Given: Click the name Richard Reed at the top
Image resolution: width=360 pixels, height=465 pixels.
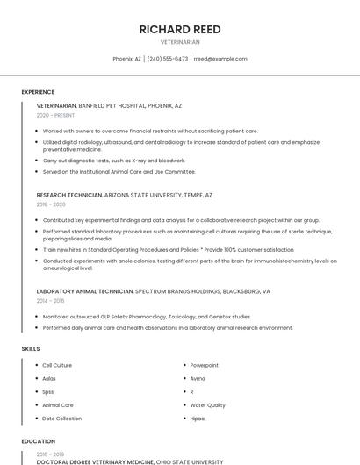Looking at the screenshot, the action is click(x=180, y=29).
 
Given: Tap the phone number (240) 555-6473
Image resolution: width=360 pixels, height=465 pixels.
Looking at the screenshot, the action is click(x=167, y=59).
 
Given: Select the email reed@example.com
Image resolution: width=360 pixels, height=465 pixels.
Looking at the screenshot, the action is click(x=220, y=59).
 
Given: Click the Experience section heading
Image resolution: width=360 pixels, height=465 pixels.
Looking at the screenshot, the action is click(x=38, y=92).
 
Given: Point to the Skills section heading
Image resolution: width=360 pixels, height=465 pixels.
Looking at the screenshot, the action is click(x=31, y=349).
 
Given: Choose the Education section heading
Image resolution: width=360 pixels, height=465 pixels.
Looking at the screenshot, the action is click(x=38, y=441).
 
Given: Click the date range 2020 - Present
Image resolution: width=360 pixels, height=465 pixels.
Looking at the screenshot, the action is click(x=55, y=115).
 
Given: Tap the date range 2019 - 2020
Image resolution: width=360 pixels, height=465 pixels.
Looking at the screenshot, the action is click(x=51, y=204).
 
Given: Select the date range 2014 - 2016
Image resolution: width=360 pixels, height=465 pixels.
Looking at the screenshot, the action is click(x=50, y=300).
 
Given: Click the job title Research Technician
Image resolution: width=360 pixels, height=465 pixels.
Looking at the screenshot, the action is click(x=69, y=195).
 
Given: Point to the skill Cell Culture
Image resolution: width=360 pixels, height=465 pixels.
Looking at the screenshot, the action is click(x=57, y=365).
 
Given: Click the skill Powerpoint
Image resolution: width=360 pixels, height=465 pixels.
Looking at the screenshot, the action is click(x=204, y=365).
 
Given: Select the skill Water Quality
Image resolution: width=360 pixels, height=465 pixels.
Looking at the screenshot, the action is click(x=207, y=405).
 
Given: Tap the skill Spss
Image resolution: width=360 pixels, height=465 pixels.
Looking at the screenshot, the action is click(x=48, y=391).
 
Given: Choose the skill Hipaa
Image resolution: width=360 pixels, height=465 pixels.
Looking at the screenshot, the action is click(x=198, y=418).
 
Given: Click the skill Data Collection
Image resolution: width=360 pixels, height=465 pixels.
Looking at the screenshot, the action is click(x=61, y=418).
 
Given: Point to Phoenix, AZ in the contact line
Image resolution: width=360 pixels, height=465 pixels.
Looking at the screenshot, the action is click(x=126, y=59).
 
